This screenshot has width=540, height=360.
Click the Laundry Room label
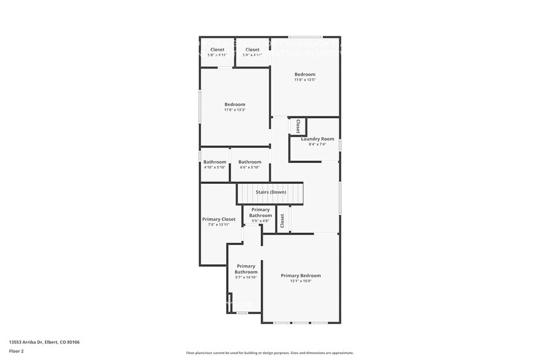coord(318,139)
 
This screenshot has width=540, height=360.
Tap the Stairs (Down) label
coord(271,192)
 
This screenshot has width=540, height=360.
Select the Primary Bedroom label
coord(301,276)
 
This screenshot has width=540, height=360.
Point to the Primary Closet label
coord(219,219)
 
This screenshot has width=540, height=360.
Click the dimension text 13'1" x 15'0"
coord(301,281)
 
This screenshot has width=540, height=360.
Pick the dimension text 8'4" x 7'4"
coord(318,144)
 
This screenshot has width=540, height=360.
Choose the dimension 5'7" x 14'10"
coord(246,277)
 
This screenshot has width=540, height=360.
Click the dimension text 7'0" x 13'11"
coord(219,225)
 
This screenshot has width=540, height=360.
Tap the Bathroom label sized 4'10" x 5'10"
coord(215,162)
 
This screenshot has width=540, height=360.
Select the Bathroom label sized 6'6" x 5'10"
coord(250,162)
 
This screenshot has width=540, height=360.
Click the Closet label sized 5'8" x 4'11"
coord(217,50)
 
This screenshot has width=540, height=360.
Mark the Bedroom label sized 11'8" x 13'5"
coord(305,75)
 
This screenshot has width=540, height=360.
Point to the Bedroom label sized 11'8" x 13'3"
coord(234,104)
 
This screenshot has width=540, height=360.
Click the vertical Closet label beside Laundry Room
coord(298,126)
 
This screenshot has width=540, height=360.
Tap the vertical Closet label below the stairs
coord(282,220)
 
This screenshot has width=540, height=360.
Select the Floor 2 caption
coord(17,351)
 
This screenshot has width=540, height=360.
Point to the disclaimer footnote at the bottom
coord(270,353)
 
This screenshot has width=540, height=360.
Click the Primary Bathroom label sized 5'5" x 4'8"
coord(260,212)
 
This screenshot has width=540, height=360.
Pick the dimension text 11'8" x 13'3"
coord(234,110)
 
